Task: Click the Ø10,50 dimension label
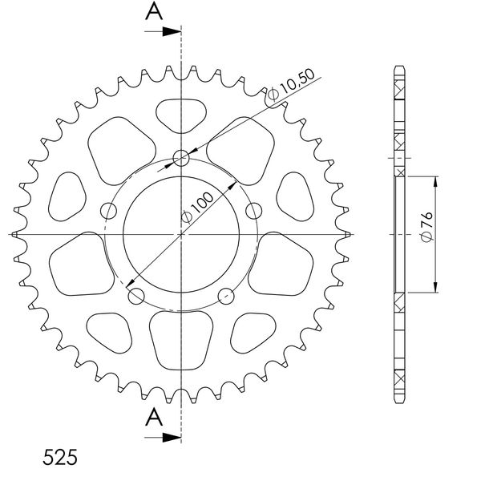click(x=291, y=84)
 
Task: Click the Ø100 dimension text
click(x=197, y=208)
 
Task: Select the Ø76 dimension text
click(x=426, y=227)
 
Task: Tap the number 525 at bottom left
click(x=60, y=458)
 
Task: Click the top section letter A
click(x=154, y=11)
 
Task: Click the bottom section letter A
click(x=154, y=418)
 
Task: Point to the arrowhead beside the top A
click(x=172, y=31)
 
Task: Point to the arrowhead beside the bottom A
click(x=172, y=438)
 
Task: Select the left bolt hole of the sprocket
click(x=108, y=211)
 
